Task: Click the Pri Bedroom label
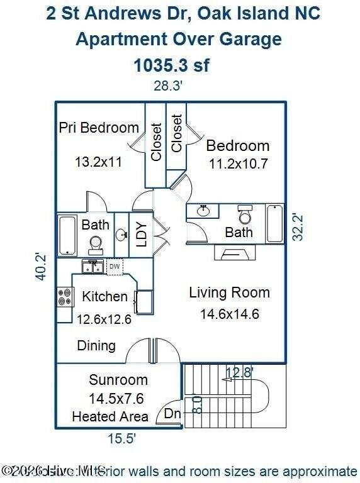pos(99,128)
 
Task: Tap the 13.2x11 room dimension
pos(98,162)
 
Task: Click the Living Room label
pos(229,292)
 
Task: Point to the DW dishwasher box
pos(114,266)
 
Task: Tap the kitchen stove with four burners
pos(65,296)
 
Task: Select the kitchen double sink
pos(92,267)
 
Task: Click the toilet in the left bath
pos(96,243)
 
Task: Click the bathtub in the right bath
pos(275,223)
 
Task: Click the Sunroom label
pos(118,380)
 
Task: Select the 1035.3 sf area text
pos(171,64)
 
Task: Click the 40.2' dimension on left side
pos(41,266)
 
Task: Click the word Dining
pos(96,345)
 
